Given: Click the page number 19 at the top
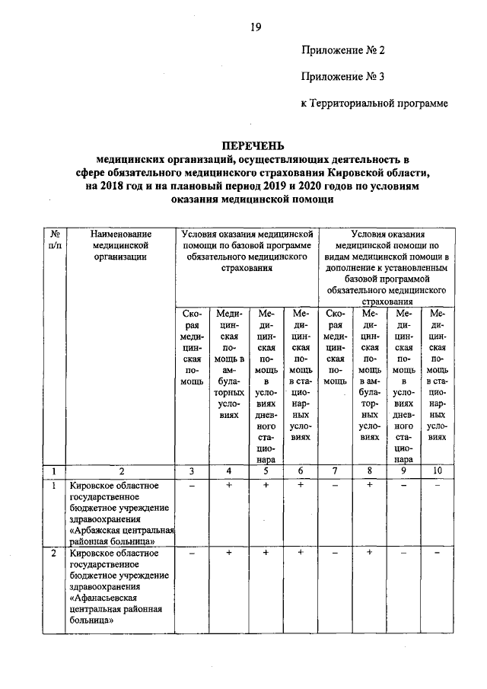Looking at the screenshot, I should tap(256, 27).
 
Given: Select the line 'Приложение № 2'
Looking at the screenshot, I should tap(344, 51).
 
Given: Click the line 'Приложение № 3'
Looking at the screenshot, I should tap(344, 76).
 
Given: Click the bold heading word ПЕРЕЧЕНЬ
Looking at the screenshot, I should tap(252, 145).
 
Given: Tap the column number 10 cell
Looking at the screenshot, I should tap(438, 471).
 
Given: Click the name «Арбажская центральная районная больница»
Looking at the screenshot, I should tap(122, 535).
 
